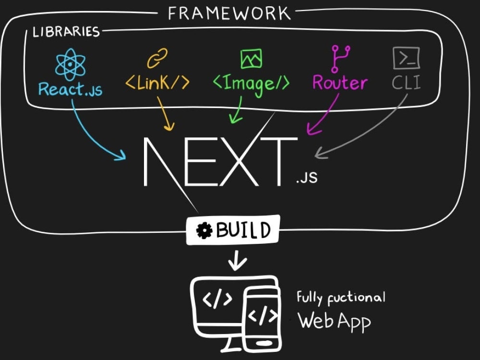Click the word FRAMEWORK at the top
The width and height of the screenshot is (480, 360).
(x=229, y=13)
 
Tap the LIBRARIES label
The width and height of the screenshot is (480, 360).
(x=66, y=32)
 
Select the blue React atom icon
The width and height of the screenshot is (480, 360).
(x=70, y=64)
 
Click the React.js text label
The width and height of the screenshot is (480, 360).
(x=71, y=89)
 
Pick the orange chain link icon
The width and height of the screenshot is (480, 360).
(x=157, y=58)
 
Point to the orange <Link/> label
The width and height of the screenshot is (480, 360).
(x=157, y=83)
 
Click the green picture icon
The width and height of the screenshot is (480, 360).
(x=252, y=59)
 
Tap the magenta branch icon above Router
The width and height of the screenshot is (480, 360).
(x=340, y=59)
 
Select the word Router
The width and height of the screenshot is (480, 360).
(x=340, y=83)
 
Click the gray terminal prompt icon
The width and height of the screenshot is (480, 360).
(x=406, y=58)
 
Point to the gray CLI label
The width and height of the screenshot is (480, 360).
(x=406, y=82)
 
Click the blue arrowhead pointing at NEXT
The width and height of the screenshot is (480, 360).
(x=121, y=155)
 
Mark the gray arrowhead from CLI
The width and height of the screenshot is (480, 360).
(x=320, y=154)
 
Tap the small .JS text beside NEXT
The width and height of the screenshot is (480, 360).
(x=307, y=178)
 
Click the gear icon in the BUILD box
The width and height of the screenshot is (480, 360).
(x=204, y=230)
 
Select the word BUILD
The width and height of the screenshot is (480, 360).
(x=243, y=230)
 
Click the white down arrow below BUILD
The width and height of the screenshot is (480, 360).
(x=237, y=261)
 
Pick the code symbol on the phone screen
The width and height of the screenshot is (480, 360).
(x=263, y=315)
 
